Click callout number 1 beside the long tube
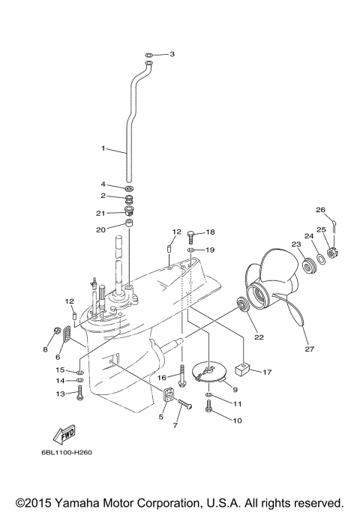tap(104, 149)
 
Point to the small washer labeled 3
tap(150, 55)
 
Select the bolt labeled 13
tap(79, 391)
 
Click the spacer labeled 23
tap(307, 264)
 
